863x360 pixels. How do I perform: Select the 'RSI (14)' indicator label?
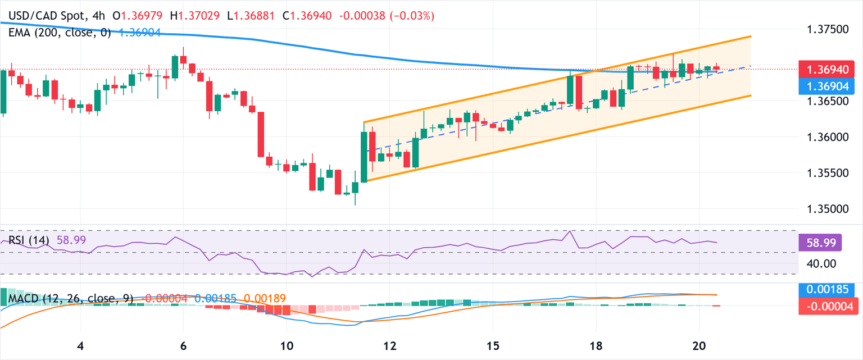pos(29,240)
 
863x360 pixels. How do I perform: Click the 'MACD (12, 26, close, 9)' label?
pos(71,298)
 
